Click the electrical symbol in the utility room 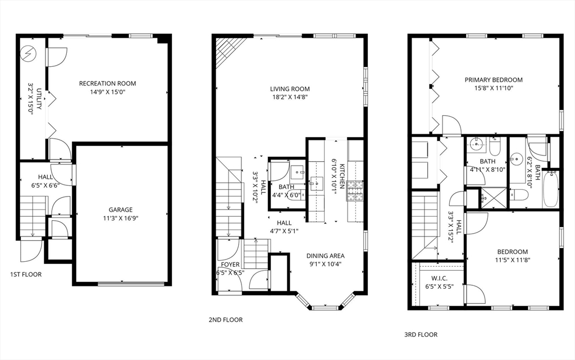[x=28, y=54]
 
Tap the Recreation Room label [x=107, y=84]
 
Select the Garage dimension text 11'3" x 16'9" [x=121, y=218]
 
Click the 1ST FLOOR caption [x=26, y=275]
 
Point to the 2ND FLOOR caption [x=225, y=320]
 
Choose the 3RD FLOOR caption [x=421, y=334]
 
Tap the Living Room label [x=290, y=89]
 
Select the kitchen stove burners [x=355, y=191]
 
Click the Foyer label [x=230, y=265]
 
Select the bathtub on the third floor [x=550, y=189]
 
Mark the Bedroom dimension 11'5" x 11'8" [x=512, y=260]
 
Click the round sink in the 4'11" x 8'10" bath [x=478, y=143]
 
